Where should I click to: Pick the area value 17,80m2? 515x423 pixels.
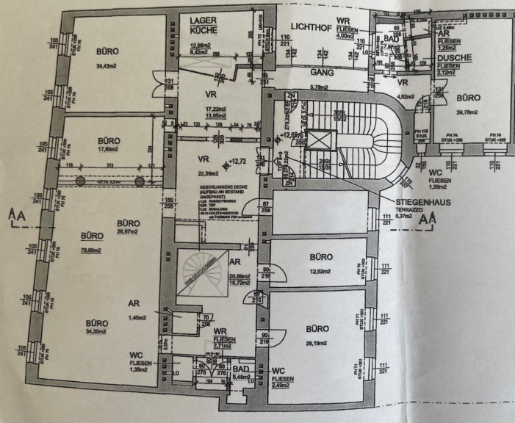pyautogui.click(x=108, y=152)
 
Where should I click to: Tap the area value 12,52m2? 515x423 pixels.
pyautogui.click(x=322, y=271)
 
